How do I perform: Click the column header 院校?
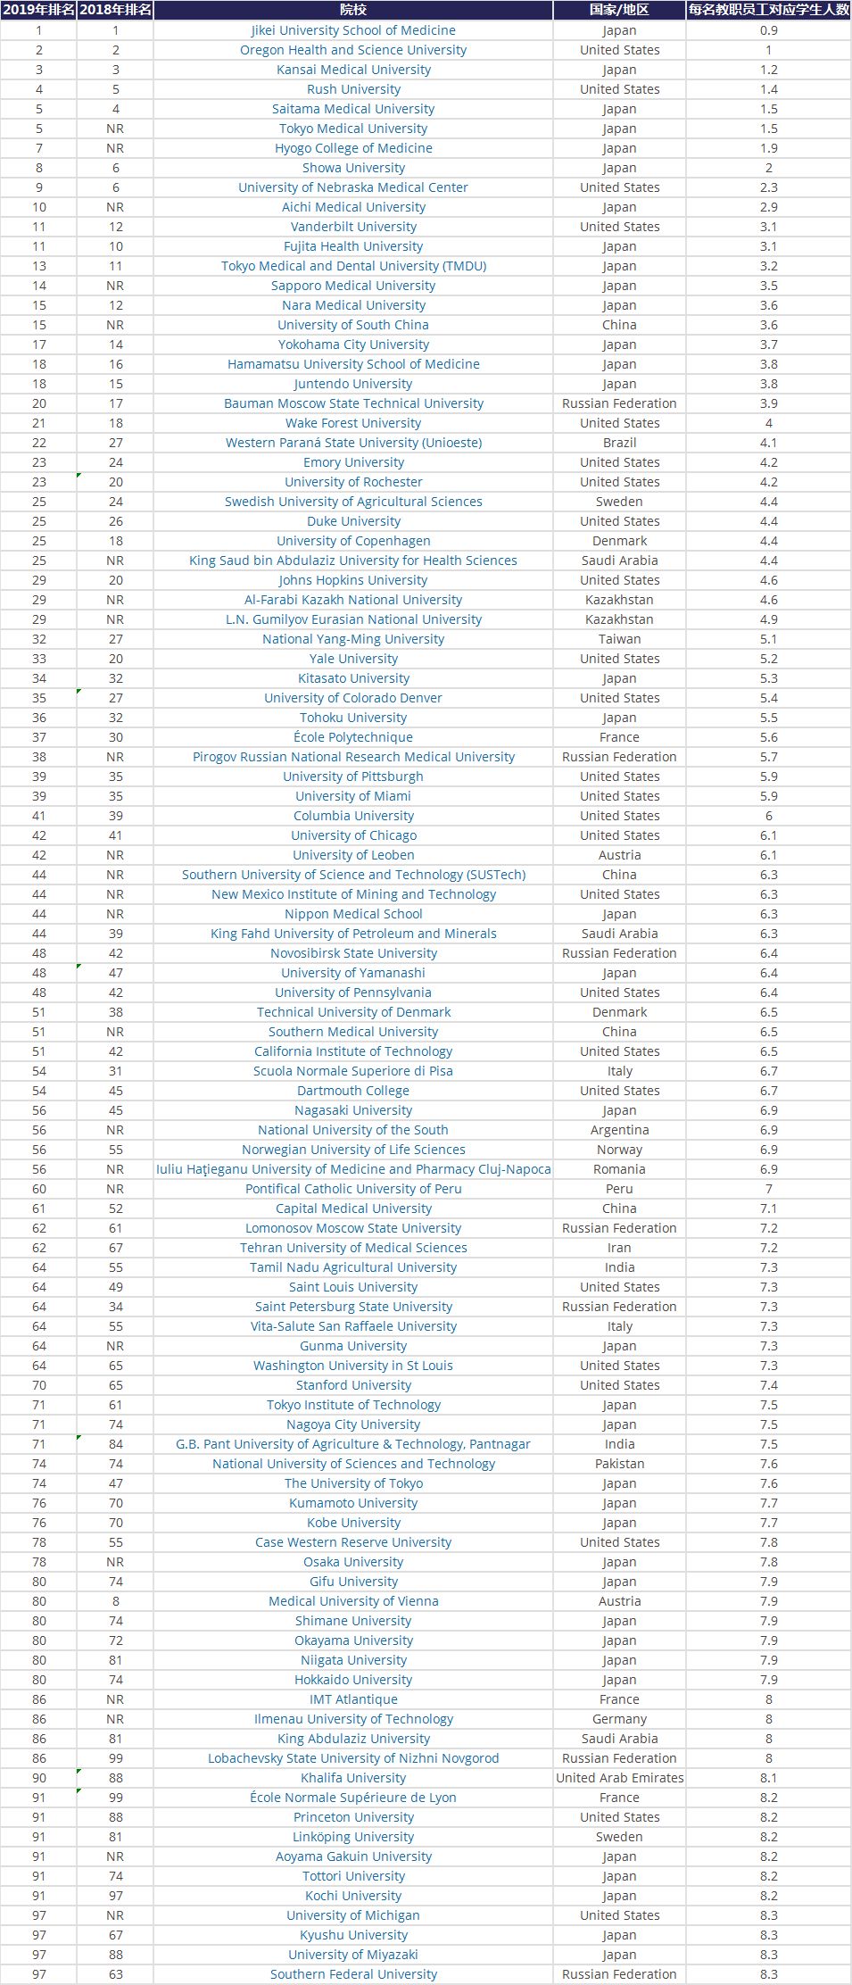[353, 10]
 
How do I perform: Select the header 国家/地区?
[619, 10]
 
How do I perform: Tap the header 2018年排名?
[115, 10]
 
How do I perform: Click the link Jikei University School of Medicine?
[353, 30]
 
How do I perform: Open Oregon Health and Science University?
[353, 50]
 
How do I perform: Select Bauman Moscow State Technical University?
[353, 403]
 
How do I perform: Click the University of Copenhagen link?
[353, 541]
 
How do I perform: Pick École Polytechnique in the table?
[353, 737]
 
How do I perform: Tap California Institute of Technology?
[353, 1051]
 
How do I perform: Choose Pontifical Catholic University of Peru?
[353, 1189]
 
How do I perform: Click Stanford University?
[353, 1385]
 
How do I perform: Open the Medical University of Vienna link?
[353, 1601]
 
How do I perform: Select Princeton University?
[353, 1817]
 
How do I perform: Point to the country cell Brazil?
[619, 443]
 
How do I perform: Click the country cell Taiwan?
[619, 639]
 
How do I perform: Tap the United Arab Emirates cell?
[619, 1778]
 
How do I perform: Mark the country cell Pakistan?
[619, 1464]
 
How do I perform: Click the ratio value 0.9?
[768, 30]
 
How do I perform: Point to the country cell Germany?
[619, 1719]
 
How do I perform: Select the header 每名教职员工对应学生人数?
[768, 10]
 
